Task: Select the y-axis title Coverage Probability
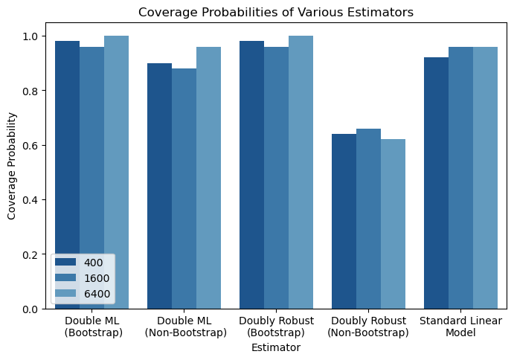tap(12, 167)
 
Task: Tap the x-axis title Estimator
tap(276, 347)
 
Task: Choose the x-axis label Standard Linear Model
tap(460, 327)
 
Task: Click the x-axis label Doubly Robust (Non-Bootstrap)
tap(368, 327)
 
